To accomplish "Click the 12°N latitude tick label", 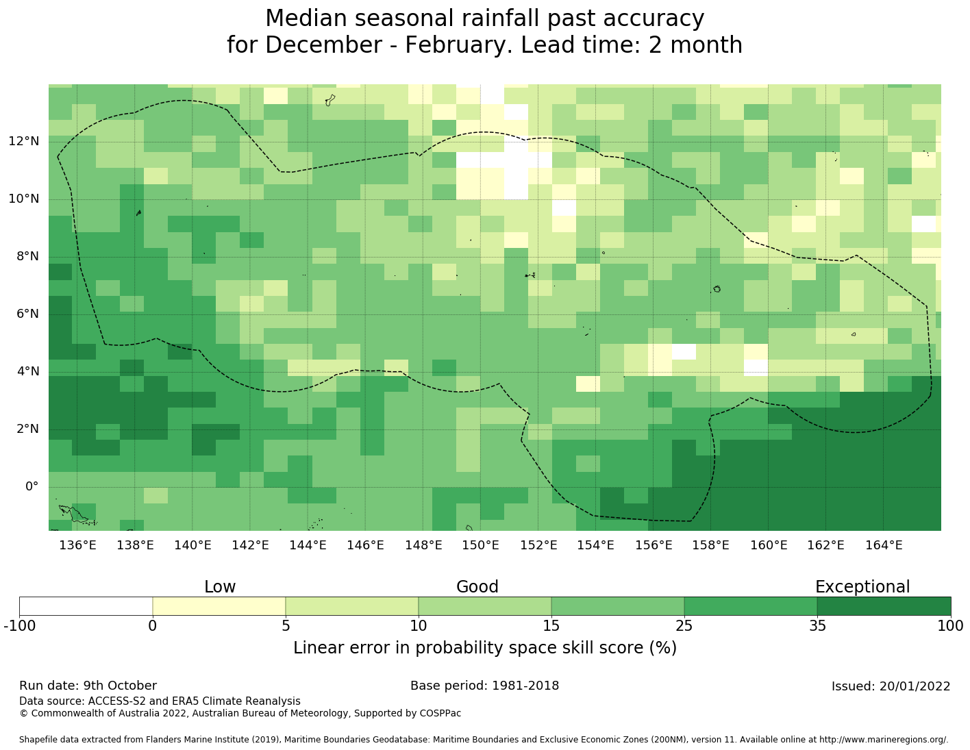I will pyautogui.click(x=23, y=142).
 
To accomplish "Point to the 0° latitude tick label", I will pyautogui.click(x=32, y=487).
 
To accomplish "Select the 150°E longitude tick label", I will pyautogui.click(x=480, y=545).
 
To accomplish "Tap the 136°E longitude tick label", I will pyautogui.click(x=77, y=545).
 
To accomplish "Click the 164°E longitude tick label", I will pyautogui.click(x=884, y=545).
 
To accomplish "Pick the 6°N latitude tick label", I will pyautogui.click(x=23, y=314).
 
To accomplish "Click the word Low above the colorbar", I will pyautogui.click(x=220, y=587).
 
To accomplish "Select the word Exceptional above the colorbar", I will pyautogui.click(x=862, y=587).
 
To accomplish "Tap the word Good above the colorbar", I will pyautogui.click(x=477, y=587).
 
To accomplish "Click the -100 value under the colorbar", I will pyautogui.click(x=19, y=625).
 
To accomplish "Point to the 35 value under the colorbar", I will pyautogui.click(x=817, y=625).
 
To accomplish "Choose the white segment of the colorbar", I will pyautogui.click(x=86, y=606).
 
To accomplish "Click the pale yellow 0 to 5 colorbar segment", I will pyautogui.click(x=219, y=606).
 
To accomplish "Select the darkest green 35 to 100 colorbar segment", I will pyautogui.click(x=884, y=606).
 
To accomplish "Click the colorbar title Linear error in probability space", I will pyautogui.click(x=484, y=648).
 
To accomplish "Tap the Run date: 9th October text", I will pyautogui.click(x=88, y=686).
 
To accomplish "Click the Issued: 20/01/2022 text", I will pyautogui.click(x=891, y=686).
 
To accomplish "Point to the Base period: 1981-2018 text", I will pyautogui.click(x=484, y=686).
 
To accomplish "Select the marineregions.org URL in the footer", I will pyautogui.click(x=883, y=740).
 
